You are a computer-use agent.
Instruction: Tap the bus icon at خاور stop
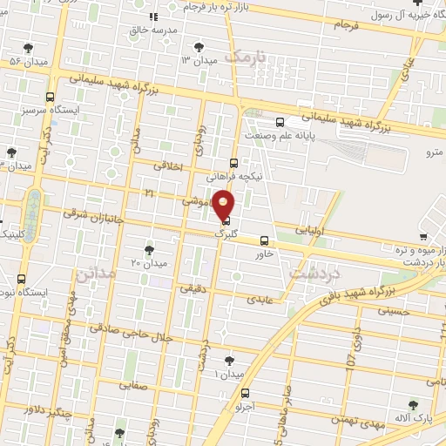265,241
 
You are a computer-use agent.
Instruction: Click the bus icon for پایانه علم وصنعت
279,123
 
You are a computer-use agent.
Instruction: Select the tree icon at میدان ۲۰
149,250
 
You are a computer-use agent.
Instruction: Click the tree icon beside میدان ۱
229,360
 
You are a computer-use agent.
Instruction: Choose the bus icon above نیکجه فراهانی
233,162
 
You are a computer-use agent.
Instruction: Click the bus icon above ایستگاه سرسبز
50,98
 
